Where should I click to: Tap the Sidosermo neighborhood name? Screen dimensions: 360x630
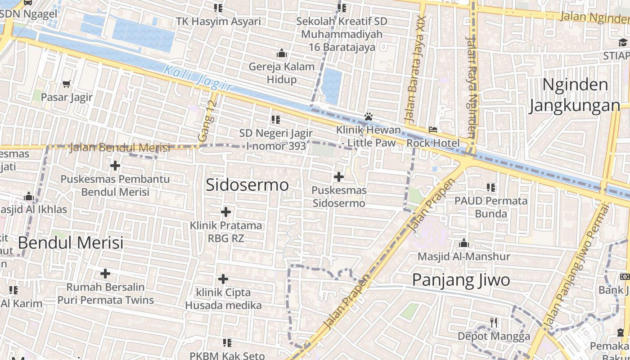coord(247,185)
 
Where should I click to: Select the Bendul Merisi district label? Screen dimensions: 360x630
coord(71,243)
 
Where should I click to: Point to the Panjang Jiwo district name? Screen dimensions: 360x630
coord(461,280)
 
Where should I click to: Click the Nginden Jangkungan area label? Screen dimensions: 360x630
coord(575,95)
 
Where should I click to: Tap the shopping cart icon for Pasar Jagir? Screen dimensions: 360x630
coord(67,83)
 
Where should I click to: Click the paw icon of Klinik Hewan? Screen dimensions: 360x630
coord(369,117)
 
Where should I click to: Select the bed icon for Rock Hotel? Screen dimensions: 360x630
coord(433,130)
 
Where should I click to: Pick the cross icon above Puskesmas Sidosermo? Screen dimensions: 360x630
coord(339,177)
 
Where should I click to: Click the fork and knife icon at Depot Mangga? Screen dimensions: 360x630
coord(494,322)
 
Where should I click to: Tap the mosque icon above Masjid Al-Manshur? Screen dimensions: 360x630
coord(464,243)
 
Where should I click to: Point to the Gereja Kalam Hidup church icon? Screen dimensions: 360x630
coord(282,54)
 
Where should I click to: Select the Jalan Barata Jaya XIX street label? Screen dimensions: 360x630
coord(415,70)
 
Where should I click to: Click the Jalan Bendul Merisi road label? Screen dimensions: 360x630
coord(120,147)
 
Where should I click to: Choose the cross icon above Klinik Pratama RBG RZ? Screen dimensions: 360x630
coord(226,211)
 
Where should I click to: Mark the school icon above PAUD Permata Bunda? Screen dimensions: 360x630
coord(491,187)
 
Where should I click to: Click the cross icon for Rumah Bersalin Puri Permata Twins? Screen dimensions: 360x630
coord(105,274)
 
